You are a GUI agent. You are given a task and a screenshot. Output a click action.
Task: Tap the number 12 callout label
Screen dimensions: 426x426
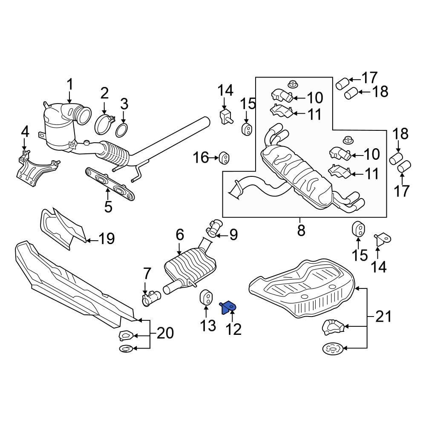click(234, 328)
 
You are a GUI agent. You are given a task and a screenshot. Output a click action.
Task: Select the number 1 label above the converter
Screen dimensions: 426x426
click(69, 84)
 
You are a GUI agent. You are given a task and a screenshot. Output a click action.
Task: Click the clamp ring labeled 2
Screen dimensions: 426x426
click(104, 124)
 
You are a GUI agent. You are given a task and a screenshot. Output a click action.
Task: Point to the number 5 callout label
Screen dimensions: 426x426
click(108, 207)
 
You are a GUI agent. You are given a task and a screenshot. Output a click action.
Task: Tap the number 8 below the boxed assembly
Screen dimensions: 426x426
click(301, 230)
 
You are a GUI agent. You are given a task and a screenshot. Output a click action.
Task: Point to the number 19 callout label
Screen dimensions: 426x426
click(106, 239)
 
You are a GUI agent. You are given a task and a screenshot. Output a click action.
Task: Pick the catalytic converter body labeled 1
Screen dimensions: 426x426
click(60, 128)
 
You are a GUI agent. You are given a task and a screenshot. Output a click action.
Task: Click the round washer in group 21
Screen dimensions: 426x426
click(332, 349)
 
